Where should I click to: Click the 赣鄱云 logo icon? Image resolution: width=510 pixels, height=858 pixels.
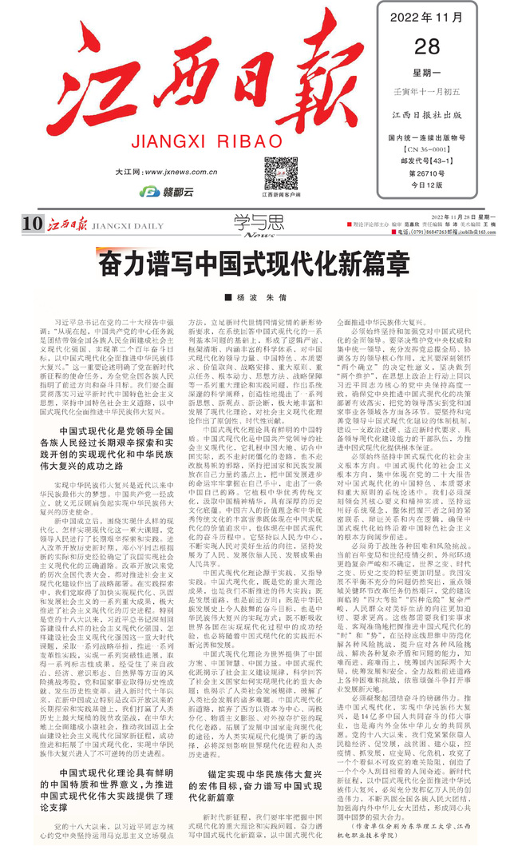(x=148, y=192)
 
